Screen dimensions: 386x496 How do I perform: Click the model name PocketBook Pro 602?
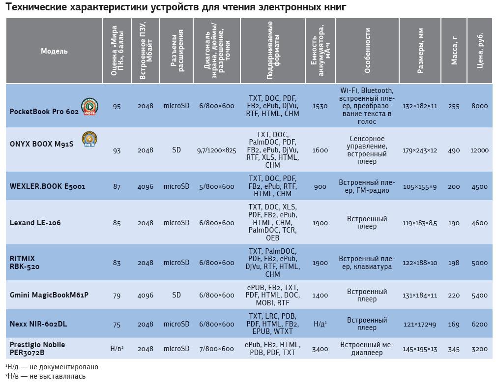coord(44,112)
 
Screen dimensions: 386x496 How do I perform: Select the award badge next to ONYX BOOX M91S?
coord(89,139)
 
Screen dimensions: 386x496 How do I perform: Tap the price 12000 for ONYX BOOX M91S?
coord(479,150)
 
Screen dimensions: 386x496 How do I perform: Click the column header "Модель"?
coord(54,51)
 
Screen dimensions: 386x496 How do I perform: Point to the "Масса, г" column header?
coord(454,51)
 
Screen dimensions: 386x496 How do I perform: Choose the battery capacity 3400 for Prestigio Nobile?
coord(320,349)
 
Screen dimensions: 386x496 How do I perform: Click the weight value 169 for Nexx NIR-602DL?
coord(454,325)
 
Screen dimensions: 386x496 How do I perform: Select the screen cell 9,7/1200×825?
coord(217,150)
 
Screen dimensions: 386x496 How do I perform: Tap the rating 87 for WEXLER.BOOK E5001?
coord(117,187)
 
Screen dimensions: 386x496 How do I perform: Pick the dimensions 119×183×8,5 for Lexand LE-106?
coord(420,223)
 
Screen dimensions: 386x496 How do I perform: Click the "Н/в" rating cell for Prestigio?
coord(117,349)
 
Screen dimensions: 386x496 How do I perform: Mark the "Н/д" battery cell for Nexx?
coord(320,324)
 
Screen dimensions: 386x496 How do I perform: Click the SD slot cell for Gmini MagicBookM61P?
coord(176,295)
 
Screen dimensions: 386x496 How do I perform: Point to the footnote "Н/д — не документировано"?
coord(53,367)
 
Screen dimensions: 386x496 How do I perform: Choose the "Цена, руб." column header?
coord(480,51)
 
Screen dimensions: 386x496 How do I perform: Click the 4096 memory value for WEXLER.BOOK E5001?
coord(146,187)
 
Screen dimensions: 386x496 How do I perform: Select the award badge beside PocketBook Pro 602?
coord(89,106)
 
